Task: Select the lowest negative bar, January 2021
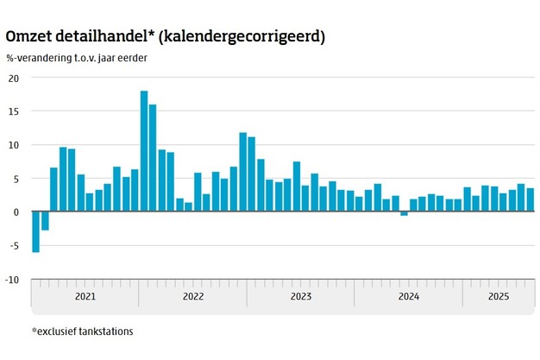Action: [35, 231]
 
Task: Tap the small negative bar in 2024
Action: [404, 213]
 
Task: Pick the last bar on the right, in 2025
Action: [531, 199]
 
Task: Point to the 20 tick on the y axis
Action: [13, 78]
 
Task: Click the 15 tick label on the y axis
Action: [13, 111]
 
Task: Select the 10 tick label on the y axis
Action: [13, 145]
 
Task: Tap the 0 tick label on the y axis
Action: [16, 212]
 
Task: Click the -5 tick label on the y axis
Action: [13, 246]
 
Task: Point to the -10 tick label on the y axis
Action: [11, 280]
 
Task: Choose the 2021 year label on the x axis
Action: [85, 297]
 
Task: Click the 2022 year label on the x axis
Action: [192, 297]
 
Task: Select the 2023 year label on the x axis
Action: [300, 297]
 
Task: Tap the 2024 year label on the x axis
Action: [408, 297]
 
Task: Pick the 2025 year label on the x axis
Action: [498, 297]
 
